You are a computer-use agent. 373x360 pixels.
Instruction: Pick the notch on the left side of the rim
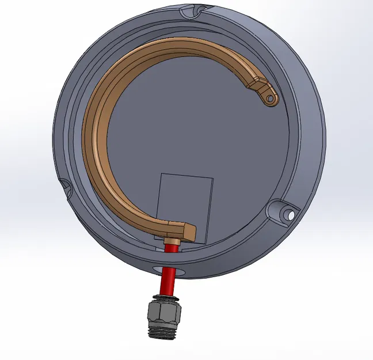(x=64, y=185)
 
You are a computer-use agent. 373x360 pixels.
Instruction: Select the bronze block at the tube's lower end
(x=184, y=231)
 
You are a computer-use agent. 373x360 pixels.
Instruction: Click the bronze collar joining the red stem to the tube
(x=170, y=240)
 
